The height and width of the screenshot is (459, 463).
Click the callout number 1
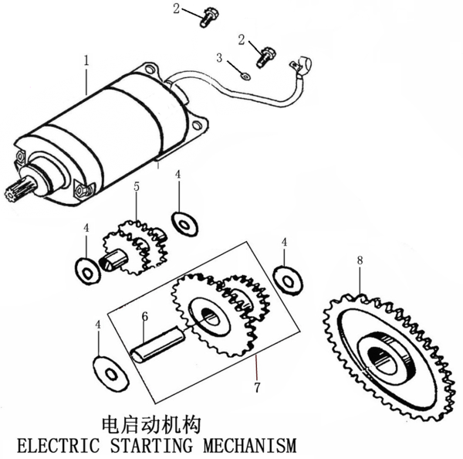click(x=86, y=60)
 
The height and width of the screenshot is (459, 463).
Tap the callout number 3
click(x=219, y=58)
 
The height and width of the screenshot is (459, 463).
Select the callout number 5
click(x=137, y=187)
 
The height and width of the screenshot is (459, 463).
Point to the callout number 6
click(x=145, y=316)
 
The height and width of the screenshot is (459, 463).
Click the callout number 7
click(x=257, y=387)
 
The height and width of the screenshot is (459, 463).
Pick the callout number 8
click(x=360, y=260)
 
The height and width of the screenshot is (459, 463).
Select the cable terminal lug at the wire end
click(x=301, y=66)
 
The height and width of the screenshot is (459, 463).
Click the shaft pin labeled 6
click(x=158, y=343)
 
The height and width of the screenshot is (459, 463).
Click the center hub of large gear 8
click(x=387, y=356)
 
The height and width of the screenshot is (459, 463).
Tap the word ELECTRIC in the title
click(x=58, y=446)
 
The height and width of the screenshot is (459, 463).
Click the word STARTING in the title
click(x=151, y=446)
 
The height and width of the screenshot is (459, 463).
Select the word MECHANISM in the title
click(x=250, y=446)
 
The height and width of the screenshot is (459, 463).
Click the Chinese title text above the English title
click(x=151, y=425)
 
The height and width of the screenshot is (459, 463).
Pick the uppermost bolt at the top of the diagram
click(x=208, y=17)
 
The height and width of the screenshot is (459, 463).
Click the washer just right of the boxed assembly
click(x=288, y=280)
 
